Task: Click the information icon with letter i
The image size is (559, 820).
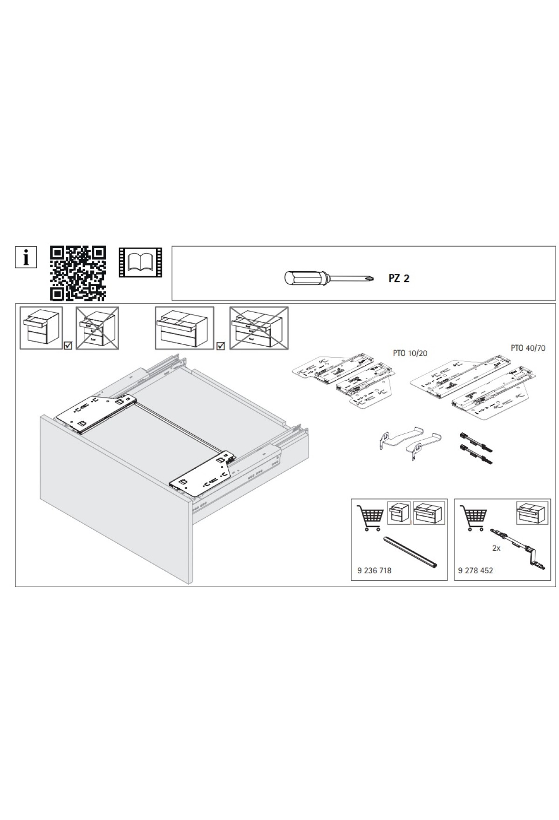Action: (26, 257)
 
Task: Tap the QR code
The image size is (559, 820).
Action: (78, 273)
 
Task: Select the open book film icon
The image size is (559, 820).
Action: (140, 263)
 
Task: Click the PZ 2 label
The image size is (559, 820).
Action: (399, 279)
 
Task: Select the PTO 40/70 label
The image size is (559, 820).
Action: (528, 348)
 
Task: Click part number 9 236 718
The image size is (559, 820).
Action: (375, 570)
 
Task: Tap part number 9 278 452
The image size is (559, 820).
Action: (476, 570)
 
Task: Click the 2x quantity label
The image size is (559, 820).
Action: (497, 548)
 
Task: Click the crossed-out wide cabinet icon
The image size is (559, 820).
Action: (259, 328)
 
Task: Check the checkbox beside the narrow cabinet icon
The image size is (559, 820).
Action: (68, 346)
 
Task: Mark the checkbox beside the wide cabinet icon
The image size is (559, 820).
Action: (221, 346)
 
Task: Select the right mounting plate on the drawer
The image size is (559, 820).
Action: (204, 471)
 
